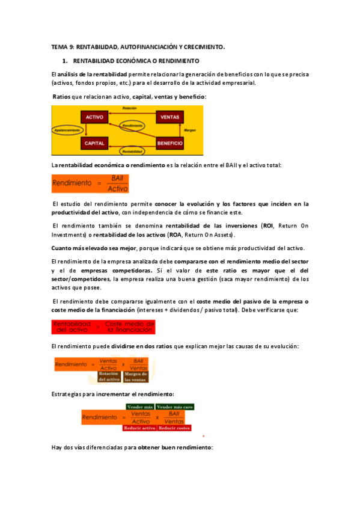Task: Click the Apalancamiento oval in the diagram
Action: tap(64, 130)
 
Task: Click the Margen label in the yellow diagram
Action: tap(189, 130)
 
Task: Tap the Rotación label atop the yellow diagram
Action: tap(129, 108)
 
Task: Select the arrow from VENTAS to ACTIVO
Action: tap(132, 114)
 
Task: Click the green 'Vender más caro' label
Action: tap(175, 407)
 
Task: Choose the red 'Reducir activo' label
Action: tap(139, 428)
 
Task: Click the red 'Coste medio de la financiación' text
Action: tap(130, 327)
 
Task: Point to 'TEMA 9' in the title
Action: tap(61, 46)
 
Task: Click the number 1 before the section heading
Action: tap(64, 61)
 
